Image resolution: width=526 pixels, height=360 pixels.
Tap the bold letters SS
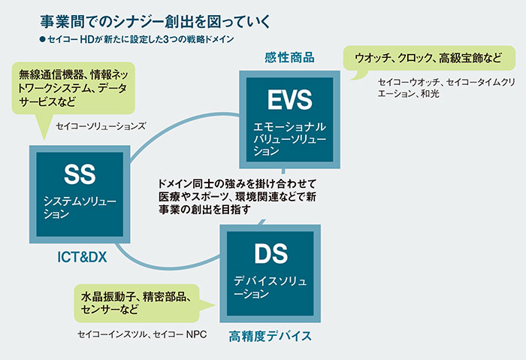(x=80, y=175)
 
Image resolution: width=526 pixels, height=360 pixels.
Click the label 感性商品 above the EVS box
(x=289, y=57)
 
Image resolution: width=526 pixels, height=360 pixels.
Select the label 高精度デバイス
(x=270, y=335)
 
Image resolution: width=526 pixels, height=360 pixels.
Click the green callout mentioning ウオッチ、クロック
(x=424, y=57)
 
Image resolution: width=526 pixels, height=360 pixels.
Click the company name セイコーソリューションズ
(x=100, y=126)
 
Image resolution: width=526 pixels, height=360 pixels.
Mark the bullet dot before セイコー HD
(x=43, y=37)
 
